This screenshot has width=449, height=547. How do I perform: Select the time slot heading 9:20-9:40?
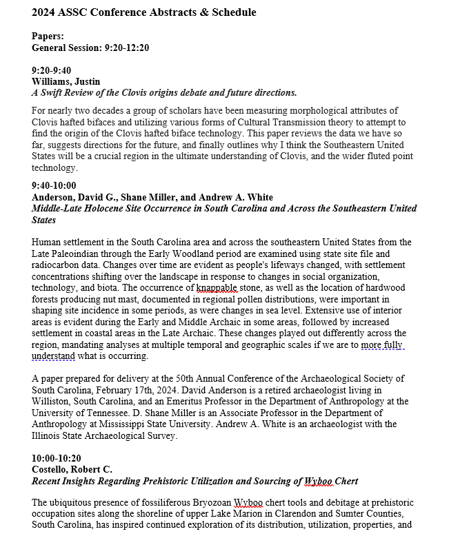pyautogui.click(x=54, y=70)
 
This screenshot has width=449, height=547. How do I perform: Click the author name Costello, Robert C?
pyautogui.click(x=71, y=469)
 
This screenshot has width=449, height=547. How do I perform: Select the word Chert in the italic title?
pyautogui.click(x=344, y=481)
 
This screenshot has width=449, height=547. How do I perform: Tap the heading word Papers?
pyautogui.click(x=48, y=37)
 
